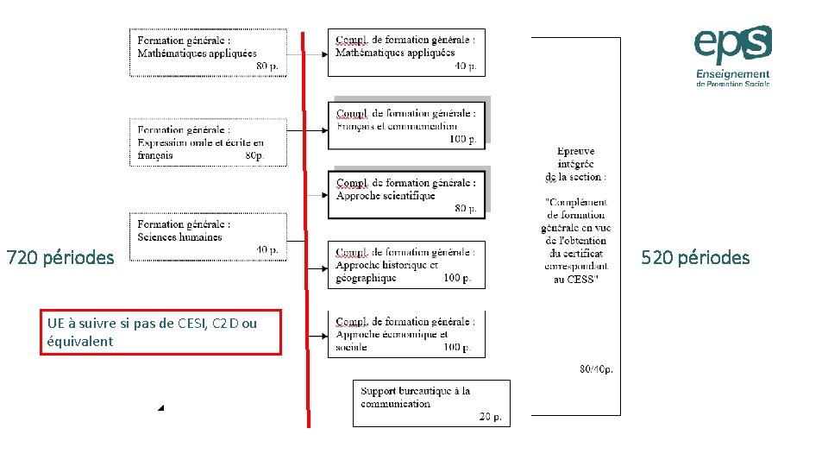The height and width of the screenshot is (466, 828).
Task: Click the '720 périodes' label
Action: tap(60, 257)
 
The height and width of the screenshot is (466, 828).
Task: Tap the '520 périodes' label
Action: tap(695, 257)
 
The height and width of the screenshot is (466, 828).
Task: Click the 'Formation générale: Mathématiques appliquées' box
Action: tap(208, 53)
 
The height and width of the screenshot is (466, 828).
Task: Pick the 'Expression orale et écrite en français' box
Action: tap(208, 142)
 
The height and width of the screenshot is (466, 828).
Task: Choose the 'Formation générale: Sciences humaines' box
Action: tap(208, 236)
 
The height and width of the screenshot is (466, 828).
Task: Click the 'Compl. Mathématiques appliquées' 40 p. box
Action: tap(406, 53)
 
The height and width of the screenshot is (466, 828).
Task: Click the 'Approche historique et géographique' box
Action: tap(406, 265)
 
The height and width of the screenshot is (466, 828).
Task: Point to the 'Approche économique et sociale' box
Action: tap(406, 334)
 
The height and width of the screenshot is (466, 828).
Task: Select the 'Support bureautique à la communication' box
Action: tap(431, 403)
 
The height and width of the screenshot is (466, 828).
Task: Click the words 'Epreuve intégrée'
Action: tap(576, 157)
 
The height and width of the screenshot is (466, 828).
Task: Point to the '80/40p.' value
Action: tap(596, 369)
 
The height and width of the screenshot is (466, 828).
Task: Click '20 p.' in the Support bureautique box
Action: tap(490, 417)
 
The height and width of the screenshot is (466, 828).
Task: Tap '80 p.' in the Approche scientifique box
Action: tap(466, 208)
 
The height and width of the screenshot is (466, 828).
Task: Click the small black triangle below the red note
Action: tap(160, 407)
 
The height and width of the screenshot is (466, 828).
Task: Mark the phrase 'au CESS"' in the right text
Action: tap(575, 279)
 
